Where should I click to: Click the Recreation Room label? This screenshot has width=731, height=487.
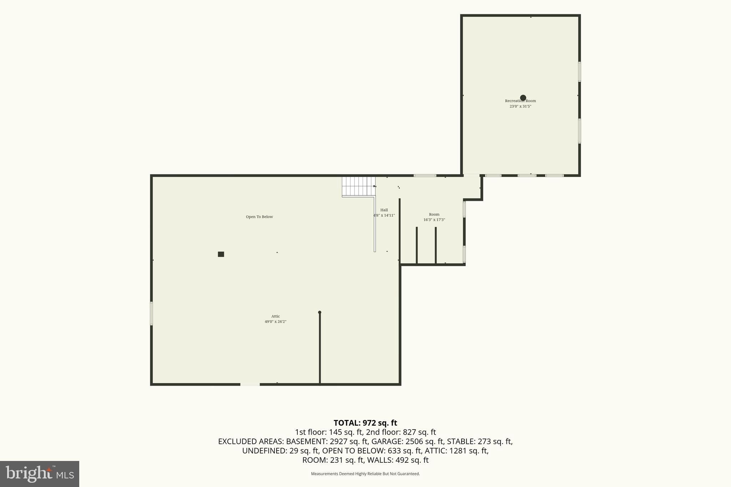pos(520,101)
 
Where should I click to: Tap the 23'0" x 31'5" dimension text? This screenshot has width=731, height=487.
pos(520,106)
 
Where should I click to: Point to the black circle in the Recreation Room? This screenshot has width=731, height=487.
pos(523,98)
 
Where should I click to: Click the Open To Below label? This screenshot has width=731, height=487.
pos(259,217)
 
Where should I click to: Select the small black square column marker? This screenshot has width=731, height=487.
pos(221,254)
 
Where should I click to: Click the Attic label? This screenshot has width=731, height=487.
pos(276,316)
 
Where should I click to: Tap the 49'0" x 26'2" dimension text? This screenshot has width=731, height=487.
pos(276,322)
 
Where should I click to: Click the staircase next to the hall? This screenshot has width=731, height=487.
pos(359,187)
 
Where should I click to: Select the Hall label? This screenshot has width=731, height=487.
pos(384,210)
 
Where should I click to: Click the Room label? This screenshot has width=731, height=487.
pos(434,214)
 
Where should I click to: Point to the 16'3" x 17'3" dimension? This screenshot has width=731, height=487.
pos(434,220)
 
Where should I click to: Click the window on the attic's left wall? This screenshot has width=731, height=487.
pos(151,314)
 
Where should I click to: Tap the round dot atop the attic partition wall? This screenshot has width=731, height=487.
pos(319,313)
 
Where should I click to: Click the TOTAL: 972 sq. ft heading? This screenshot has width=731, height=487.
pos(365,423)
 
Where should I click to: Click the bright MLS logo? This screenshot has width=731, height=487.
pos(40,474)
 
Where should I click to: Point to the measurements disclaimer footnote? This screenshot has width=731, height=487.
pos(365,474)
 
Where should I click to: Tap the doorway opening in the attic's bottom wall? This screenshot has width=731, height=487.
pos(250,384)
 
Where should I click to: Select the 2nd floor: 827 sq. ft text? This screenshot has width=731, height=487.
pos(401,432)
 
